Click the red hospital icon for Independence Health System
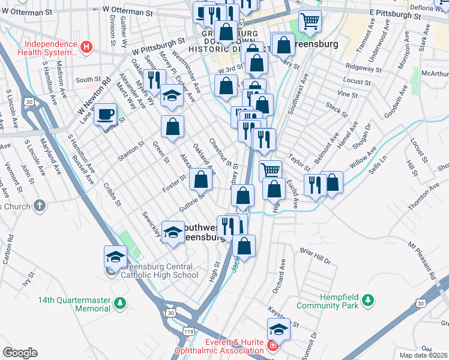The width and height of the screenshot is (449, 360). click(87, 46)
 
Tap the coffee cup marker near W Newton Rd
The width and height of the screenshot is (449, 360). click(106, 113)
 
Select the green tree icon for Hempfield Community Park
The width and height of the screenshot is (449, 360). click(367, 299)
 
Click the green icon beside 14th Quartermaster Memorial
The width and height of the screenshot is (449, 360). click(120, 303)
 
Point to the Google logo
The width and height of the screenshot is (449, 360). click(20, 353)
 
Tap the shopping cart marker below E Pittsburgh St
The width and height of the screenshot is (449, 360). click(310, 21)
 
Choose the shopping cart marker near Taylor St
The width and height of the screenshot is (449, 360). click(271, 170)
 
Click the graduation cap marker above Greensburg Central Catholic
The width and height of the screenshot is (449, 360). click(115, 257)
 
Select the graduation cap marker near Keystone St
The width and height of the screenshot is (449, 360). click(279, 329)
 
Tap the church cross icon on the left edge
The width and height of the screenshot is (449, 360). click(40, 206)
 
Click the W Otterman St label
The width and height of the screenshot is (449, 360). click(128, 10)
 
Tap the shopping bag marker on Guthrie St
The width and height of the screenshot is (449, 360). click(201, 179)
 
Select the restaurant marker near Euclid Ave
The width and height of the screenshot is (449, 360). click(315, 184)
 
